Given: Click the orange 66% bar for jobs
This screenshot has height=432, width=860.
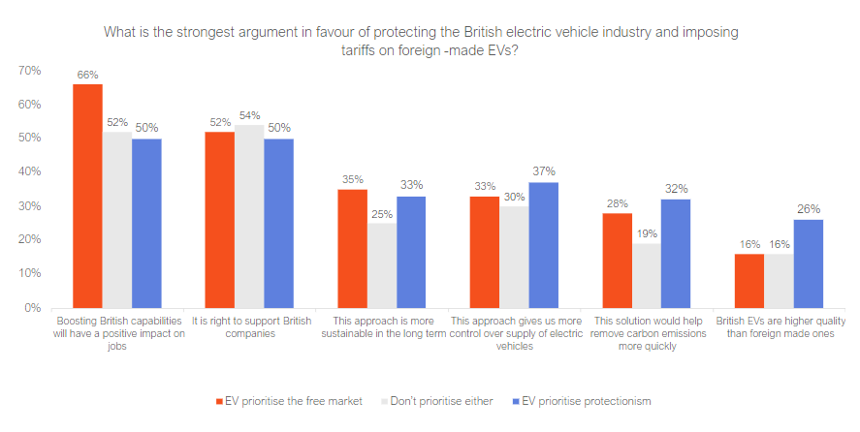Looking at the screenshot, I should [x=87, y=196].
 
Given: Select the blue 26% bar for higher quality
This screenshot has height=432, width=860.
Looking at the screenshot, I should [x=809, y=263].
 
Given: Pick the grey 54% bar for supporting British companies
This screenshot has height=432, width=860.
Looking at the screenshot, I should [x=249, y=216].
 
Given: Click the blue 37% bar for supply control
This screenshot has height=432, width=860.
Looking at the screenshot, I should [x=543, y=245].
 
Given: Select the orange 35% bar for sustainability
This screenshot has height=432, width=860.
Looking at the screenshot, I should [x=352, y=248].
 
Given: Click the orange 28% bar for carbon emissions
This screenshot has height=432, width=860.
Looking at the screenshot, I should [x=617, y=260].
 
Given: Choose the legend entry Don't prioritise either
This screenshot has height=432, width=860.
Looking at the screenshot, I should [x=442, y=401].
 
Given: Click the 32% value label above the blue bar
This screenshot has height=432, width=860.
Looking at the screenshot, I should [x=676, y=189].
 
